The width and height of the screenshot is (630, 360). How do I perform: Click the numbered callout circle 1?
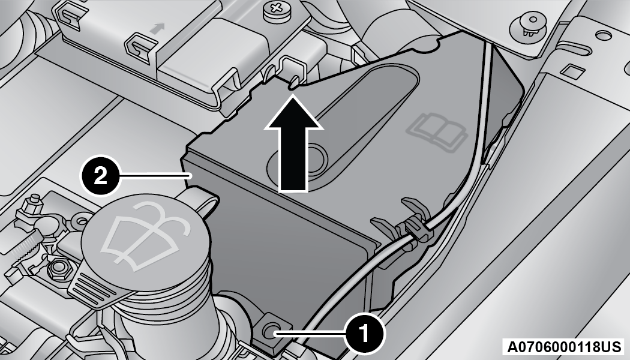tap(365, 333)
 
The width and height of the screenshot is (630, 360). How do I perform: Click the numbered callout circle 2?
tap(100, 176)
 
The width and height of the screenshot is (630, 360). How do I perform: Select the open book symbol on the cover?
tap(437, 130)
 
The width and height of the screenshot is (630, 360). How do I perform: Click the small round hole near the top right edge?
tap(603, 36)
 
